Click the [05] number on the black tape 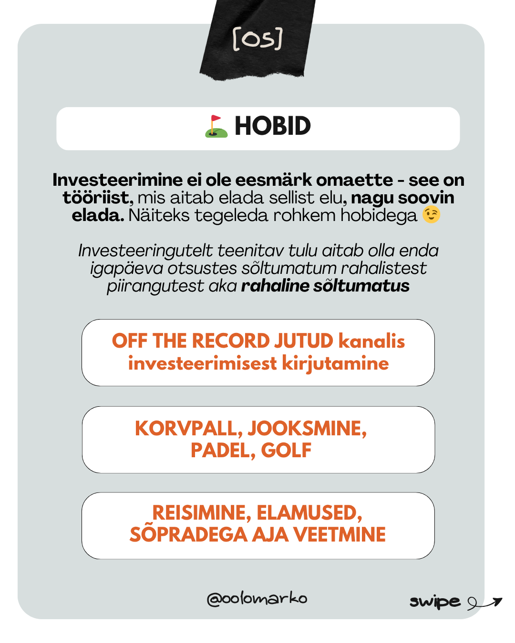click(257, 39)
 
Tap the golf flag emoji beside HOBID click(216, 127)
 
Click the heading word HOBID click(272, 127)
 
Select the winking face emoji click(431, 215)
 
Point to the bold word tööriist click(98, 198)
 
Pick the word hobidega click(379, 215)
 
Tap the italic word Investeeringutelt click(146, 251)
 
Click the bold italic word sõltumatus click(361, 286)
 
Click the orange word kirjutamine click(335, 363)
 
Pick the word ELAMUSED click(309, 513)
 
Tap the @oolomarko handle click(257, 599)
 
